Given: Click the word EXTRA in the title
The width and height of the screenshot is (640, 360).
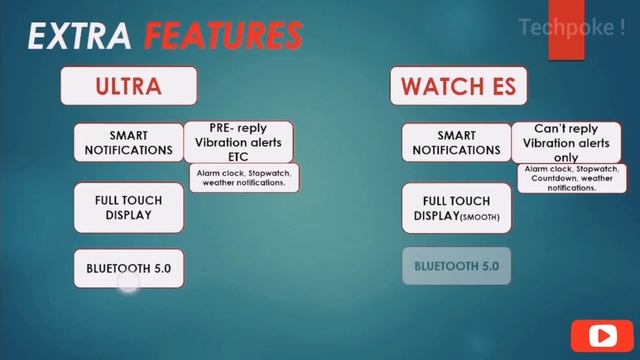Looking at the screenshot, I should point(79,36).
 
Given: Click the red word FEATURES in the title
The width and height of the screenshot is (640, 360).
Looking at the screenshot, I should point(223,36).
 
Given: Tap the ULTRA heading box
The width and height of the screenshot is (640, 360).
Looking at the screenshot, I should point(128,86).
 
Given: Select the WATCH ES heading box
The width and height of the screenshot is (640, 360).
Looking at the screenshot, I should point(458,86).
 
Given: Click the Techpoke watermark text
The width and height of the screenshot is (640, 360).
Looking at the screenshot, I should point(571,27).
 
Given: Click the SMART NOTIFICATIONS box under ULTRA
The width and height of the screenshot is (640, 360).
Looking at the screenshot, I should point(128,143).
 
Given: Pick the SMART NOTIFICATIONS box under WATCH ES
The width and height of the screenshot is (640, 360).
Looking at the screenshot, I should point(456,143).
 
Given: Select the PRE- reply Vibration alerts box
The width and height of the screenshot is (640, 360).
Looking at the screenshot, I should point(239,142).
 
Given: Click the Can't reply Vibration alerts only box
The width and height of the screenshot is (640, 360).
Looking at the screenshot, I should point(565,142).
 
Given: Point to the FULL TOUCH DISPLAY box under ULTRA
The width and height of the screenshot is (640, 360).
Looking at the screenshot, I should point(128,207).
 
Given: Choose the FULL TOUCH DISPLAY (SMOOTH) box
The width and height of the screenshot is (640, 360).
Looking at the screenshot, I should point(456,208).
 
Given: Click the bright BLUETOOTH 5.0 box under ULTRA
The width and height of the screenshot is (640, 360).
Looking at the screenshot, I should point(128,268).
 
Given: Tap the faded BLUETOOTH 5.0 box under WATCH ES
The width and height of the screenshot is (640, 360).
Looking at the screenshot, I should point(456,267).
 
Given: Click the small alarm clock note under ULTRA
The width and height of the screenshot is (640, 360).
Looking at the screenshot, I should point(246,177).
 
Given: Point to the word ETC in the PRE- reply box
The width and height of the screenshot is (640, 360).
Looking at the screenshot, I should point(239,156).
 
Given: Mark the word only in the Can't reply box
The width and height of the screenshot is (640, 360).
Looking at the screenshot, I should point(565,157).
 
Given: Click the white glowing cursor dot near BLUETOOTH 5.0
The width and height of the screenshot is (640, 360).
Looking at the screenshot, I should point(127,284).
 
